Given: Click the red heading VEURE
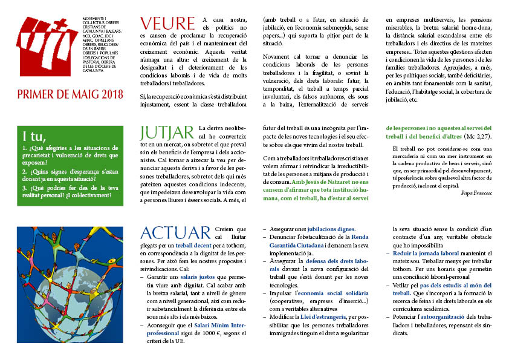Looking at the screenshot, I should coord(167,24).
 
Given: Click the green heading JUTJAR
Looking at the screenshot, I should coord(167,133).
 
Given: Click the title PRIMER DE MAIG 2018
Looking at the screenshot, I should coord(70,94).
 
